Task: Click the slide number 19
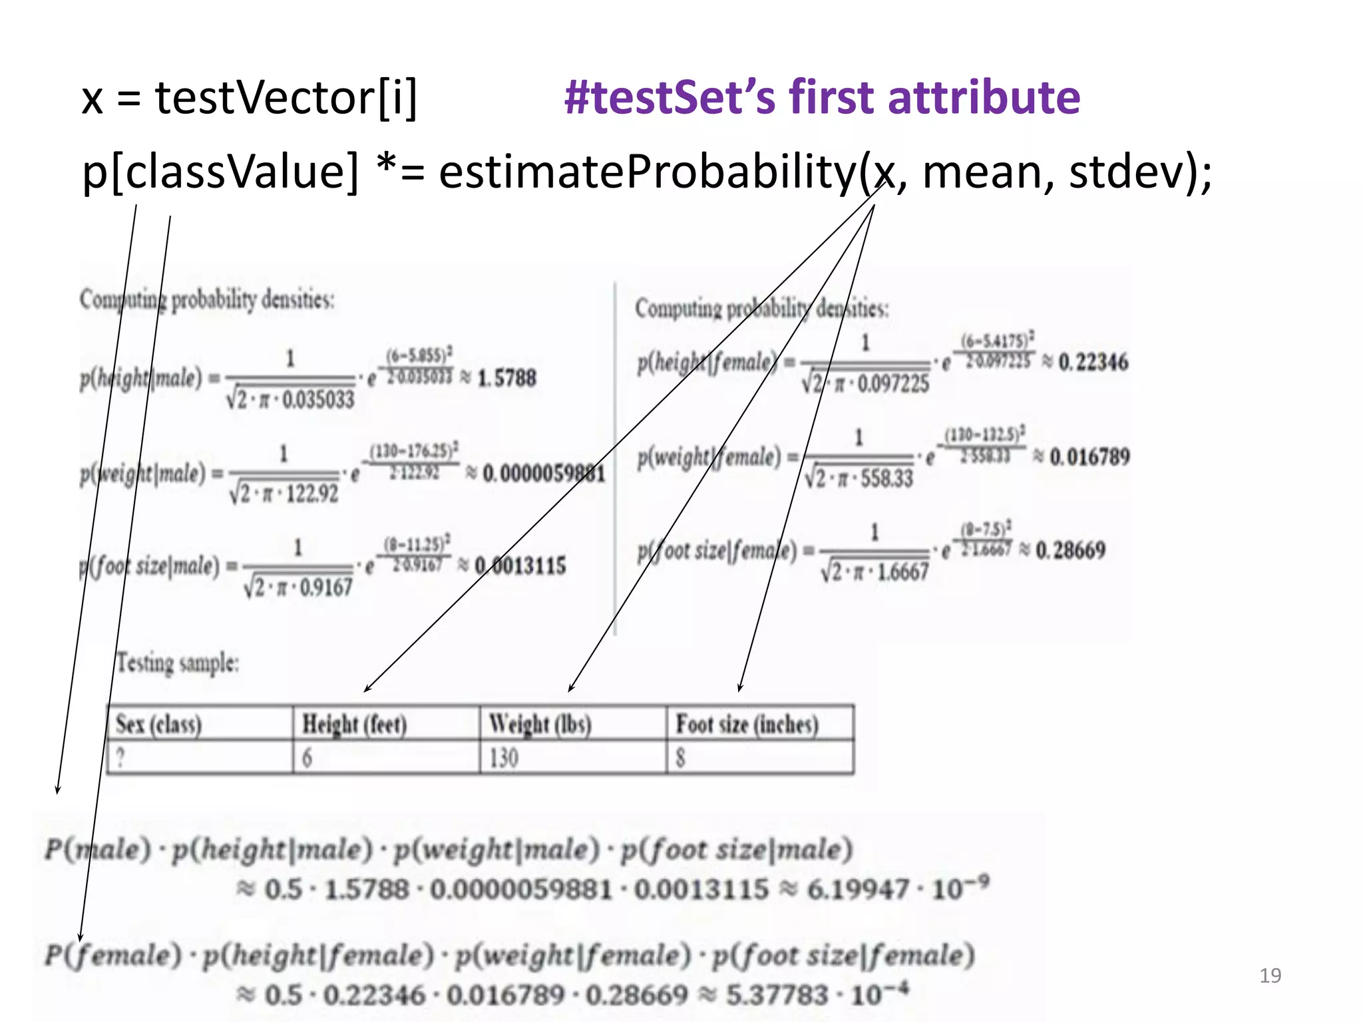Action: click(1270, 975)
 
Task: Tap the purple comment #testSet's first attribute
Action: click(822, 97)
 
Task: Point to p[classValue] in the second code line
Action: click(220, 172)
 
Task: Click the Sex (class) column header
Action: click(158, 724)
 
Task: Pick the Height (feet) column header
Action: click(354, 724)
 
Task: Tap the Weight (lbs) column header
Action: click(540, 724)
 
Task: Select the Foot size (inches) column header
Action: click(747, 724)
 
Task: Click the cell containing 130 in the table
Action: click(504, 758)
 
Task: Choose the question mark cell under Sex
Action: click(120, 758)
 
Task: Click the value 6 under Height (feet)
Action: click(307, 758)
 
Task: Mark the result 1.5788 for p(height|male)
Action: click(506, 378)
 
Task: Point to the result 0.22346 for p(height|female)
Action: click(1093, 362)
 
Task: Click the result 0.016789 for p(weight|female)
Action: click(1089, 456)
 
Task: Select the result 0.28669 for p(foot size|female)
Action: click(1070, 550)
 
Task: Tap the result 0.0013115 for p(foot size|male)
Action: click(520, 566)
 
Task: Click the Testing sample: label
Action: click(178, 663)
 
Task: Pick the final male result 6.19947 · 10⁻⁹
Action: click(898, 889)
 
